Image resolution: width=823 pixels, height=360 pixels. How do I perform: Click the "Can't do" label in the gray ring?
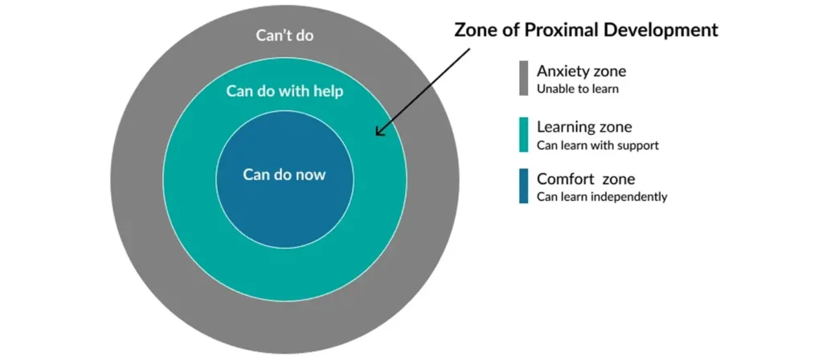(285, 35)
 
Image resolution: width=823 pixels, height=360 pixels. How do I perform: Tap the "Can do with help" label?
(285, 91)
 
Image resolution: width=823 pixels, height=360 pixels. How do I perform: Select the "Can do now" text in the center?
(285, 174)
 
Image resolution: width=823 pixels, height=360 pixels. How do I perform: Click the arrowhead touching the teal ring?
(380, 131)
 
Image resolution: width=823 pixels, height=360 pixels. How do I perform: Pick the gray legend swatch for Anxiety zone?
(523, 78)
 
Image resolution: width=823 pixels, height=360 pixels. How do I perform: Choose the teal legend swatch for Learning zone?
(523, 135)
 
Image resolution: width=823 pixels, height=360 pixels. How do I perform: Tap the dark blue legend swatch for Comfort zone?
(523, 186)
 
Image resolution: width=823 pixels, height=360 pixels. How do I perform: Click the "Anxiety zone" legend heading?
(581, 72)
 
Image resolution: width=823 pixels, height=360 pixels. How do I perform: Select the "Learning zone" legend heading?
(584, 127)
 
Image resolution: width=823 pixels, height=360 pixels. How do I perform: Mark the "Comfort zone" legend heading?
(586, 179)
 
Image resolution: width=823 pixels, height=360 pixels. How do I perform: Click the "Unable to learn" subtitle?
(577, 89)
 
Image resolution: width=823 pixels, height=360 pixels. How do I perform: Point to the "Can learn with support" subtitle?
(597, 145)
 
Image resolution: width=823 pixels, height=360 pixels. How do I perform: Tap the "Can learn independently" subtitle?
(601, 197)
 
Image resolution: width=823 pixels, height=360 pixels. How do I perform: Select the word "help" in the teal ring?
(329, 91)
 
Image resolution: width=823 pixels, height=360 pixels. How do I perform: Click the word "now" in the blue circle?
(311, 175)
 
